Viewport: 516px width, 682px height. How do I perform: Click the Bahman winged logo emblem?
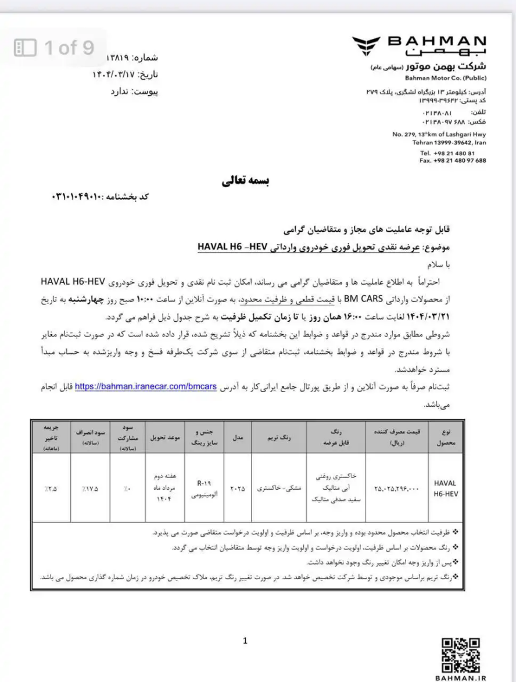click(x=367, y=45)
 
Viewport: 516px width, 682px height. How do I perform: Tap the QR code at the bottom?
click(x=461, y=653)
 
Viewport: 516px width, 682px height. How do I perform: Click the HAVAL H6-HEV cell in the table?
click(x=445, y=487)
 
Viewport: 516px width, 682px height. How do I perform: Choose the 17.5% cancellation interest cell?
click(x=90, y=488)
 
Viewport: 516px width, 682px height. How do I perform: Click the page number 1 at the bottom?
click(x=245, y=641)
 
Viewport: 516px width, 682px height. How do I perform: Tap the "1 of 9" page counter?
click(x=54, y=48)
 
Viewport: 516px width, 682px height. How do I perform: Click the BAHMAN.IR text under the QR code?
click(x=461, y=676)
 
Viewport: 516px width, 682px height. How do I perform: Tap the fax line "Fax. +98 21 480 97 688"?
click(x=453, y=160)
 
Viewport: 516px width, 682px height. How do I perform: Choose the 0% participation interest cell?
click(x=126, y=489)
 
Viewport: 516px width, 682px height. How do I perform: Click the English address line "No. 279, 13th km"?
click(x=440, y=134)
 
